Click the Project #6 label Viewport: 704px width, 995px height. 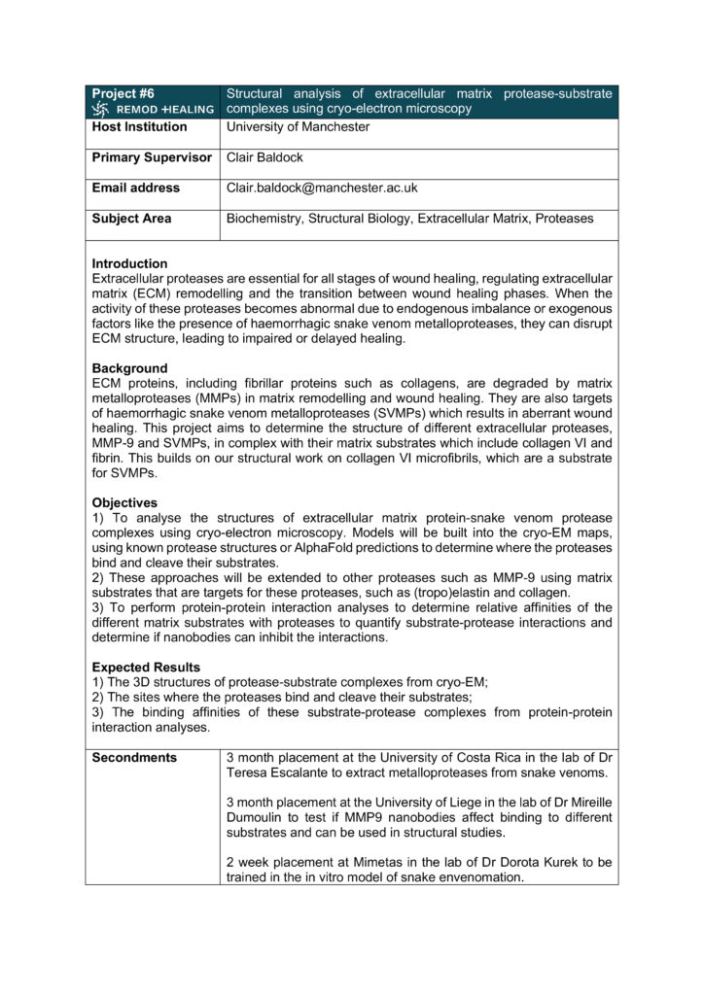point(123,93)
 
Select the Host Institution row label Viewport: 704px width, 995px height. point(139,127)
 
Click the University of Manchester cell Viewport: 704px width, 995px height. point(298,127)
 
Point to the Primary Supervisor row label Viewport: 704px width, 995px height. point(152,157)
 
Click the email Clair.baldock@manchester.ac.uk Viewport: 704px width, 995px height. point(322,188)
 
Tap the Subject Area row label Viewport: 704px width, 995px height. point(131,219)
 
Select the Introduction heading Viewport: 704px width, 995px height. point(129,263)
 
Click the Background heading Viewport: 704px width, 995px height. point(129,368)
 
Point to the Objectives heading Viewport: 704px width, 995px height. point(124,502)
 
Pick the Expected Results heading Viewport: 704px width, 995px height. point(146,668)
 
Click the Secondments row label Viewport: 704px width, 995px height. point(134,757)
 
